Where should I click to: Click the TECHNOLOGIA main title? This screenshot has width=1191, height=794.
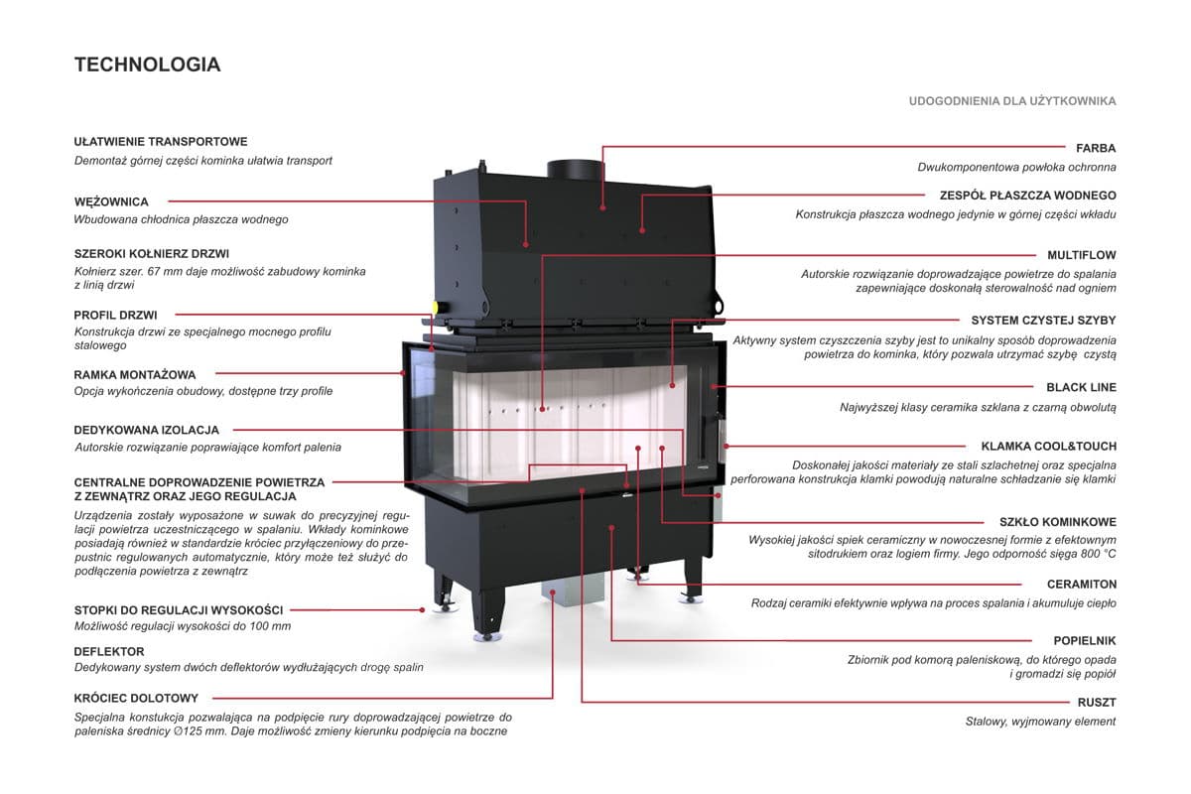(x=147, y=66)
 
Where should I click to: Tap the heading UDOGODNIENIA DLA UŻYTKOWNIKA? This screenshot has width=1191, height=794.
(x=1012, y=101)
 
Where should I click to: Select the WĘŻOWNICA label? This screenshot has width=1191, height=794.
(x=111, y=201)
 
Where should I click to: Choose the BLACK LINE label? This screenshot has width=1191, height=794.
(x=1081, y=387)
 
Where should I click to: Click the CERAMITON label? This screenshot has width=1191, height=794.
(x=1081, y=585)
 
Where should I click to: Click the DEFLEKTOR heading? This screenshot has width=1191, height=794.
(x=109, y=651)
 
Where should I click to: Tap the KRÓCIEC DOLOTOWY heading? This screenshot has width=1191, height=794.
(x=136, y=698)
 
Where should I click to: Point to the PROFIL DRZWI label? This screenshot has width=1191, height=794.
(x=115, y=315)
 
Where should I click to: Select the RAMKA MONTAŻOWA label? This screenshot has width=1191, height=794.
(x=135, y=375)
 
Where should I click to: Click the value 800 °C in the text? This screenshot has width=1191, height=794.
(x=1092, y=553)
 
